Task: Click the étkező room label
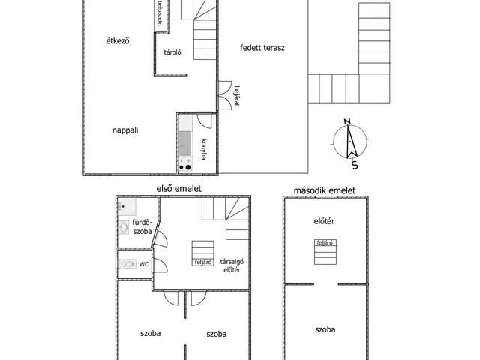pos(118,40)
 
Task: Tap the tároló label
pos(172,52)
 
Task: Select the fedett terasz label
pos(262,48)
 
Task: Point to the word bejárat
pos(236,96)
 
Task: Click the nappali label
pos(125,130)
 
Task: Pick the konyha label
pos(204,149)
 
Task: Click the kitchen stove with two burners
pos(185,164)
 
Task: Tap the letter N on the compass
pos(347,121)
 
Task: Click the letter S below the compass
pos(355,165)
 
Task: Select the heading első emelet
pos(179,188)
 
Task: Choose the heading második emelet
pos(325,190)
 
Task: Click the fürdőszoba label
pos(142,226)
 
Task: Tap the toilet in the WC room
pos(127,263)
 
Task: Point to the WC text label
pos(144,264)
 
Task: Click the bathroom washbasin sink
pos(124,227)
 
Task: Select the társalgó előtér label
pos(232,265)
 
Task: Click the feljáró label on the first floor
pos(203,262)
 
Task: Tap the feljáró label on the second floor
pos(325,243)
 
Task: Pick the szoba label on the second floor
pos(325,329)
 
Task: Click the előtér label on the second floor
pos(324,221)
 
